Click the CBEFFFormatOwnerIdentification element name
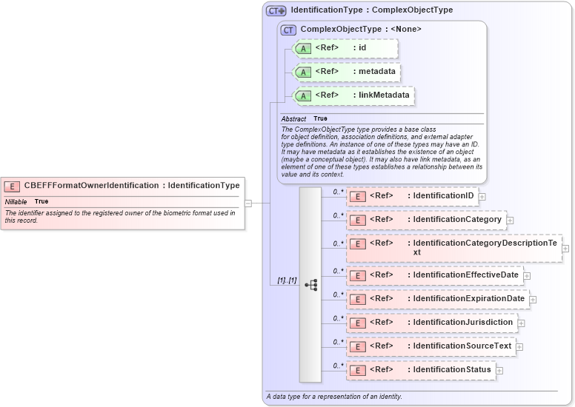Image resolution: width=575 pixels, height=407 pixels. (x=91, y=186)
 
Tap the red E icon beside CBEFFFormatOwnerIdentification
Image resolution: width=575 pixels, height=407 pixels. (x=13, y=186)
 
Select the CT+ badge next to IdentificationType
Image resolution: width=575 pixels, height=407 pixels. (x=276, y=10)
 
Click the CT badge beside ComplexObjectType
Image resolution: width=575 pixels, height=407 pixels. (x=288, y=30)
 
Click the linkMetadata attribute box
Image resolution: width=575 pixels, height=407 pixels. (x=353, y=95)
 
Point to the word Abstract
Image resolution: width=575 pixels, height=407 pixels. (x=293, y=118)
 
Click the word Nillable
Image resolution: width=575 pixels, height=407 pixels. (x=16, y=201)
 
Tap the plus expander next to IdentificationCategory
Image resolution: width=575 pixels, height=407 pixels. (x=510, y=221)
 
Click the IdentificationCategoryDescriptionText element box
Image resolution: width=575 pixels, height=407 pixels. (x=453, y=247)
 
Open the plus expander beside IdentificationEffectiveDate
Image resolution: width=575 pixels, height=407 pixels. (x=527, y=276)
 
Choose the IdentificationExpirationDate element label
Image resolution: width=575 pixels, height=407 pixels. (x=469, y=299)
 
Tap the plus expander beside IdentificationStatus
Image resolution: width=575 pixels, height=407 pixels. (x=499, y=370)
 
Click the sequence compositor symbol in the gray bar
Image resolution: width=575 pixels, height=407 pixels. (x=310, y=285)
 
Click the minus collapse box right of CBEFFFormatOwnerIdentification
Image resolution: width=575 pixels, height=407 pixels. (x=248, y=203)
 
